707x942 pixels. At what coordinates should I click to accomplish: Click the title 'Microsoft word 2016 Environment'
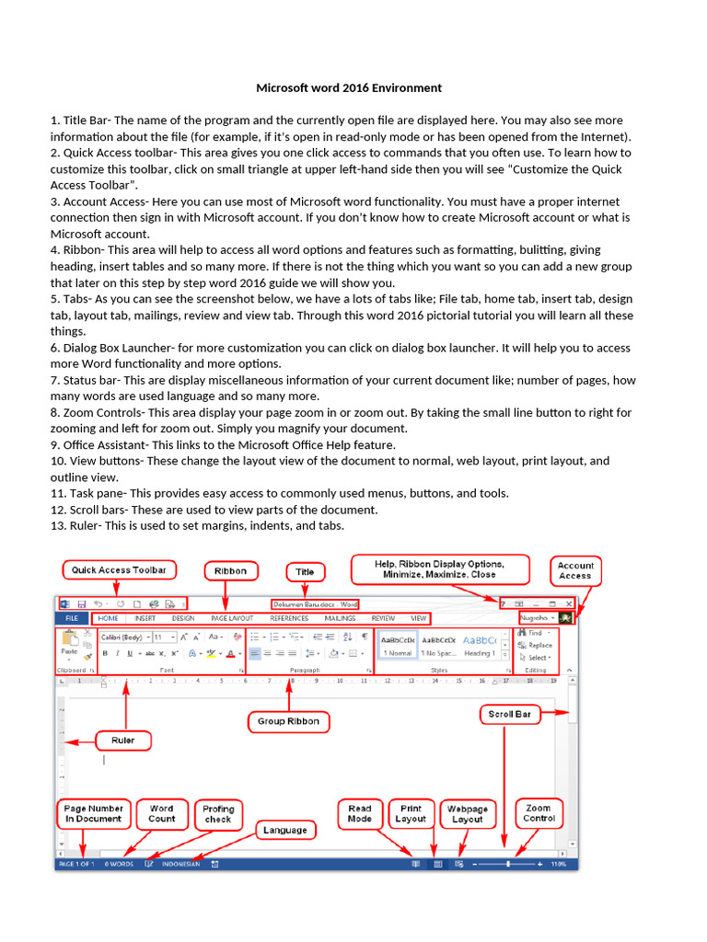tap(348, 88)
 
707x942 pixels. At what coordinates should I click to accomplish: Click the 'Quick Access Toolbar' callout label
tap(120, 570)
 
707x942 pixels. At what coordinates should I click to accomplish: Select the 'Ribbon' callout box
tap(230, 570)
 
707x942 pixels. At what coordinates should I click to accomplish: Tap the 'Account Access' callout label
tap(575, 570)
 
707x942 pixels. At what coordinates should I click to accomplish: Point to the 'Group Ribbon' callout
tap(289, 721)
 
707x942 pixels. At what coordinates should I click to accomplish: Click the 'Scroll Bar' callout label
tap(507, 714)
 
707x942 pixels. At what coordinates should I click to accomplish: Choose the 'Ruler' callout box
tap(124, 740)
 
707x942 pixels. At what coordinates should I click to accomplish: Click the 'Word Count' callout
tap(161, 813)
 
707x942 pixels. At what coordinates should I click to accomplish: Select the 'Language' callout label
tap(284, 830)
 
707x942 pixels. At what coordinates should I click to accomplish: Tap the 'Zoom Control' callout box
tap(539, 813)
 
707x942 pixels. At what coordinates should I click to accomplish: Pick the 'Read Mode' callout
tap(360, 813)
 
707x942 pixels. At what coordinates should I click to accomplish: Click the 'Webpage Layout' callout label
tap(467, 813)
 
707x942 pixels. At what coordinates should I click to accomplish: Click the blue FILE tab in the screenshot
tap(72, 619)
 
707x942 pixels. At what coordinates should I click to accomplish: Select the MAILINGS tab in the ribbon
tap(340, 619)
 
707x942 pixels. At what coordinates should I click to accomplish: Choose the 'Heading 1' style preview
tap(479, 653)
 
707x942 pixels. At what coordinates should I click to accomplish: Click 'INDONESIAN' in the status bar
tap(180, 865)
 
